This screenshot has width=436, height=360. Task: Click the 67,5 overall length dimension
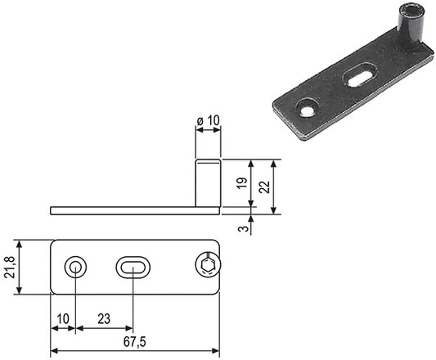pyautogui.click(x=135, y=342)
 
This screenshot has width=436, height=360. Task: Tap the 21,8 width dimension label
pyautogui.click(x=9, y=267)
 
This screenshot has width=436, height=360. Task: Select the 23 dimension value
pyautogui.click(x=104, y=319)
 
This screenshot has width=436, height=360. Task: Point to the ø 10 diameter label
pyautogui.click(x=208, y=121)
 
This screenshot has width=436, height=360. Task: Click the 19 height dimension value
pyautogui.click(x=242, y=182)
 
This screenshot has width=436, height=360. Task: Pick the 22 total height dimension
pyautogui.click(x=264, y=187)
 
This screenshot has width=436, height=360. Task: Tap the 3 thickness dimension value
pyautogui.click(x=243, y=229)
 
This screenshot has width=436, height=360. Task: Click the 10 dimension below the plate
pyautogui.click(x=63, y=319)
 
